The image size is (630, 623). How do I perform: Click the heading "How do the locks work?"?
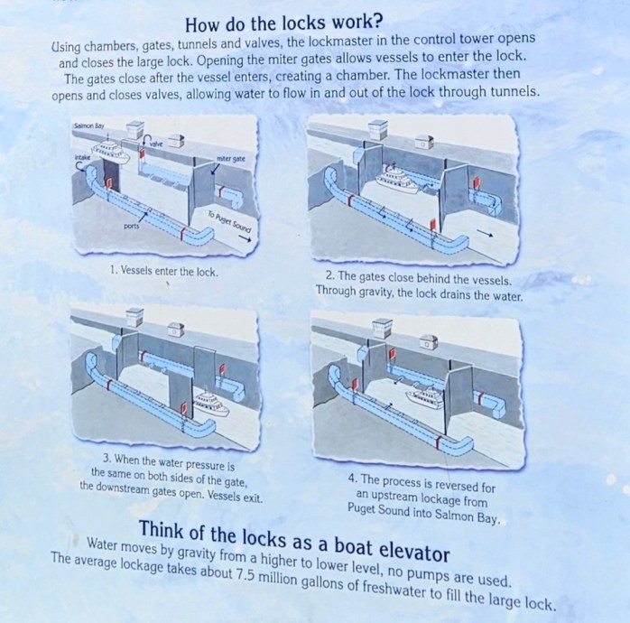[x=283, y=23]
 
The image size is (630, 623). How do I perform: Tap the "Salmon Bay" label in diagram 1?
[x=89, y=126]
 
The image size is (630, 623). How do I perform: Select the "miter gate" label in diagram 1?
[x=231, y=158]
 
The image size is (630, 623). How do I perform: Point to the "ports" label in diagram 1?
[x=132, y=226]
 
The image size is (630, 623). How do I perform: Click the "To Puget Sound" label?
[x=229, y=221]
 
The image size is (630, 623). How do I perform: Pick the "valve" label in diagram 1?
[x=157, y=143]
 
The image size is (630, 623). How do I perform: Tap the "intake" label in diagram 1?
[x=82, y=158]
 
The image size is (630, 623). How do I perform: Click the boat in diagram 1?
[x=110, y=151]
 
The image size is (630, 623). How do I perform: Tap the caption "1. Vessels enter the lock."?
[x=164, y=271]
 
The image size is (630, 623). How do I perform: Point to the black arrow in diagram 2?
[x=485, y=235]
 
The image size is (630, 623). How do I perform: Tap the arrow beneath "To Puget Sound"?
[x=245, y=239]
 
